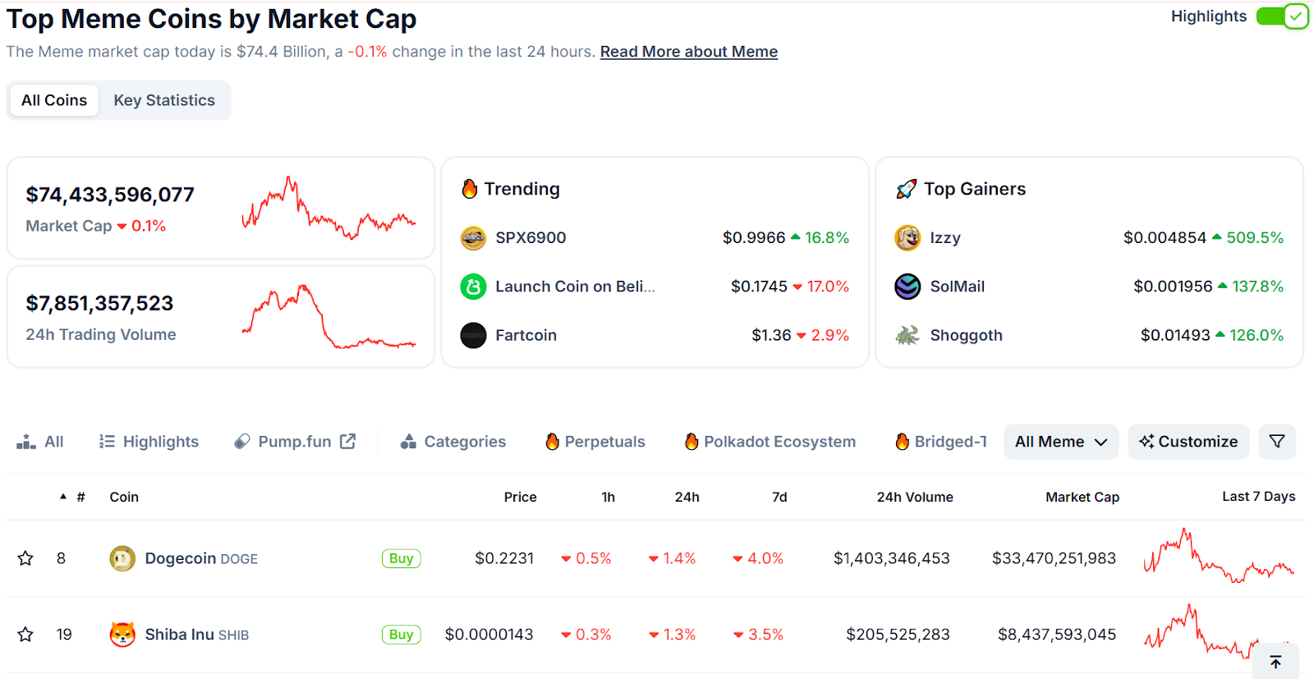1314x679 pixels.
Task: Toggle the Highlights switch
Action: pyautogui.click(x=1281, y=16)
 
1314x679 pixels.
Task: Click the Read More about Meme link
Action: pyautogui.click(x=688, y=52)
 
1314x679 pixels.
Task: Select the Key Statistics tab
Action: pyautogui.click(x=164, y=100)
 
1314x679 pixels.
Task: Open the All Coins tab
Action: pyautogui.click(x=54, y=100)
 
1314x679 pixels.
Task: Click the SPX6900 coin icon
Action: pyautogui.click(x=473, y=238)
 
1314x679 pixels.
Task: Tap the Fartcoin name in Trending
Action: pyautogui.click(x=526, y=335)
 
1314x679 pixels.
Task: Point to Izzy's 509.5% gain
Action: pyautogui.click(x=1254, y=238)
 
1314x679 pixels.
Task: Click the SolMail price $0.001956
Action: pyautogui.click(x=1172, y=287)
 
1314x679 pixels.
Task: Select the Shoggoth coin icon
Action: pyautogui.click(x=907, y=335)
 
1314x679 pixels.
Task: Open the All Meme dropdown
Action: pyautogui.click(x=1060, y=442)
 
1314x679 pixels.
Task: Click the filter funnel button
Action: pyautogui.click(x=1277, y=442)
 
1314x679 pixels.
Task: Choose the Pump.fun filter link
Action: pyautogui.click(x=295, y=442)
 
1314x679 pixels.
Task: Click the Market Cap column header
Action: pyautogui.click(x=1082, y=497)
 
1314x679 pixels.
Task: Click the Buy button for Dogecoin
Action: pyautogui.click(x=401, y=558)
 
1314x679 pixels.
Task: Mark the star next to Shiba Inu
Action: pyautogui.click(x=25, y=635)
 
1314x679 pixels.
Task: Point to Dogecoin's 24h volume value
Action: pyautogui.click(x=891, y=558)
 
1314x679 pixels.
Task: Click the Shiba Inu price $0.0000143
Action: pyautogui.click(x=489, y=635)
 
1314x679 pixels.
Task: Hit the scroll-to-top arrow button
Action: pyautogui.click(x=1275, y=662)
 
